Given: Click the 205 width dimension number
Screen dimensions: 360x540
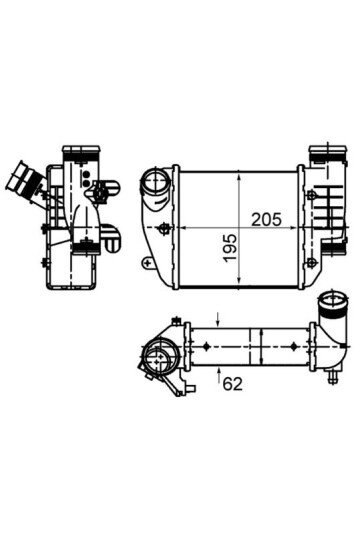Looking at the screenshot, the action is click(x=266, y=219).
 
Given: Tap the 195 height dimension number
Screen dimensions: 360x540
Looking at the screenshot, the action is click(x=230, y=248).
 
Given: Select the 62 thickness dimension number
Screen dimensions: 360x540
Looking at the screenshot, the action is click(x=233, y=384).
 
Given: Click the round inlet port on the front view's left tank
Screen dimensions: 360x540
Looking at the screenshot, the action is click(x=156, y=183).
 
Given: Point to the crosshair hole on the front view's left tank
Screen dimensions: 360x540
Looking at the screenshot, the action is click(x=163, y=228).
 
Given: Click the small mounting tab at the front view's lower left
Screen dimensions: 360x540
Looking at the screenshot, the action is click(x=148, y=262).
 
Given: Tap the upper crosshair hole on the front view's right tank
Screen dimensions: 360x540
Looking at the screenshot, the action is click(x=311, y=195).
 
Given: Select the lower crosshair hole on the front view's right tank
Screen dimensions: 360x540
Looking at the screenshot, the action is click(x=311, y=263).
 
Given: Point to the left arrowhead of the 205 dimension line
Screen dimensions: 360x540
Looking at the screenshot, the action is click(x=185, y=228).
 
